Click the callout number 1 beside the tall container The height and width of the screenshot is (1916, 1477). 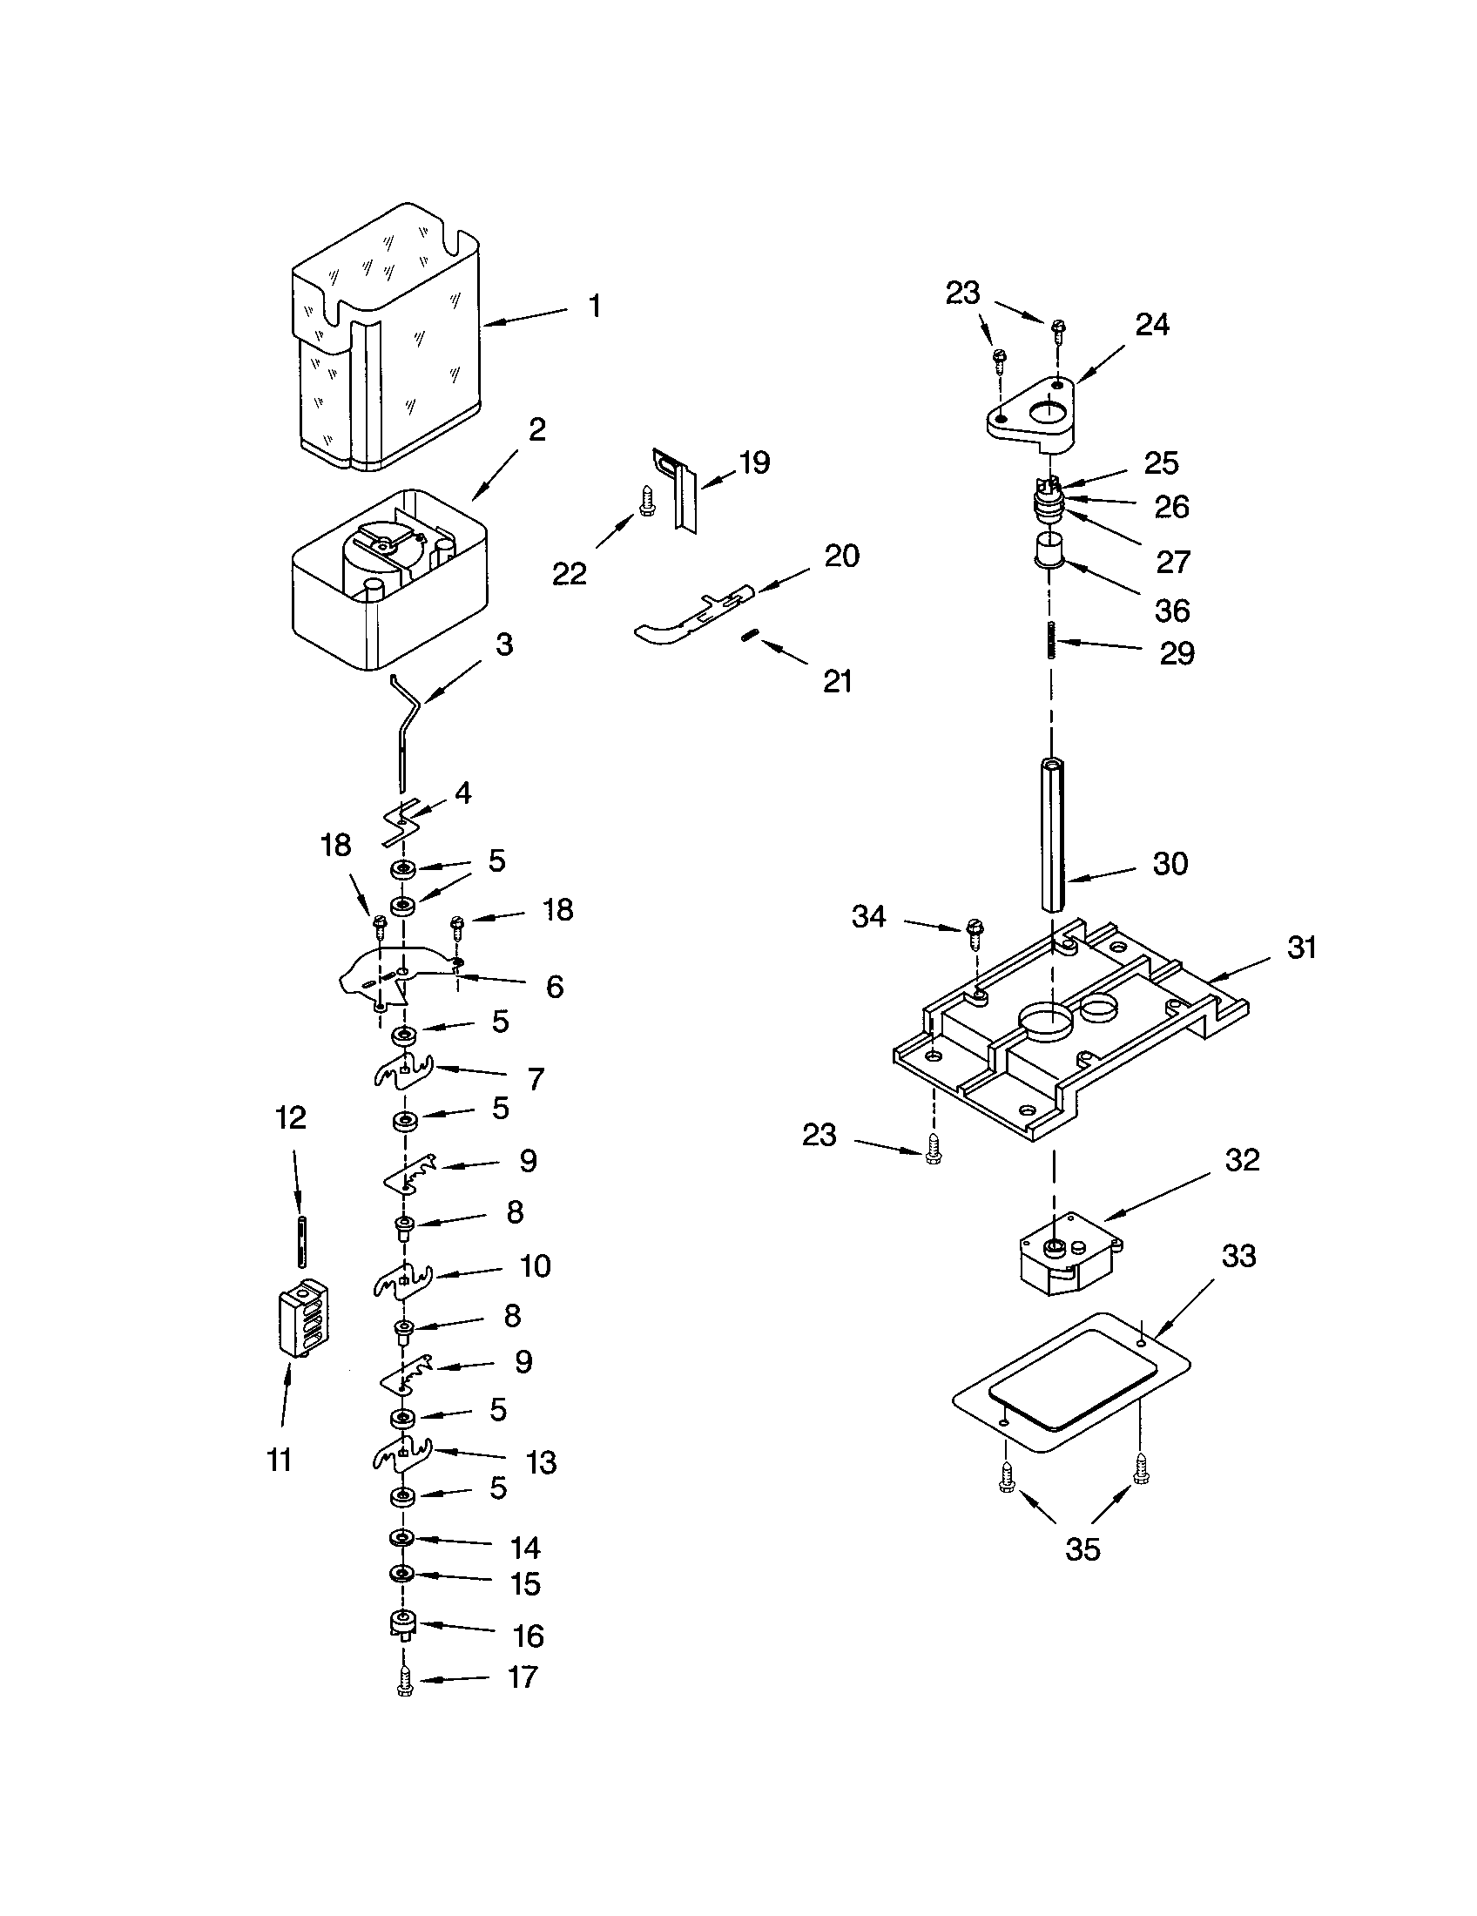(595, 307)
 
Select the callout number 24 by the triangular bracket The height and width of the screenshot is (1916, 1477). (1152, 325)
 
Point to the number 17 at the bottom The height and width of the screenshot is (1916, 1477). (523, 1676)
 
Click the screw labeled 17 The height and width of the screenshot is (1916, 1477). (404, 1683)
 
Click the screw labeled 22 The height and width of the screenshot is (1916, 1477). (646, 501)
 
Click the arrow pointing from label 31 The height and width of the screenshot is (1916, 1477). (1239, 968)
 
